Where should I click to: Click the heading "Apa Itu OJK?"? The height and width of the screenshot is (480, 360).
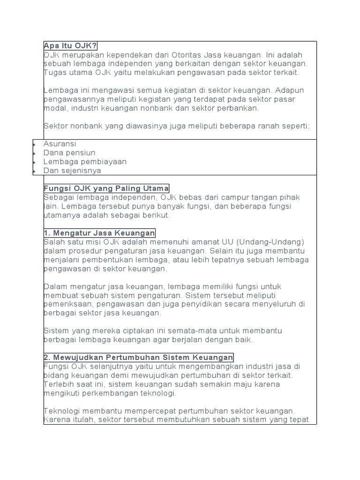tap(70, 46)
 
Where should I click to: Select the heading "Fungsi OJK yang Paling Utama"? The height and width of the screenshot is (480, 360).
tap(106, 188)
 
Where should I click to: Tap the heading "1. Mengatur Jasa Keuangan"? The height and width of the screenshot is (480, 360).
tap(99, 233)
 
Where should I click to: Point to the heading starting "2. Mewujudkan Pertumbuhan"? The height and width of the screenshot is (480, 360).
tap(138, 357)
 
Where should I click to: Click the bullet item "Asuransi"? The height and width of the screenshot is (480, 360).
tap(60, 144)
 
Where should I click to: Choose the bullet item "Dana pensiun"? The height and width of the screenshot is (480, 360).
tap(69, 153)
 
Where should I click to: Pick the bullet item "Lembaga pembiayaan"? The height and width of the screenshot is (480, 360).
tap(85, 162)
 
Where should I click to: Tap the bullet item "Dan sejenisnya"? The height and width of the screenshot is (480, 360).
tap(72, 171)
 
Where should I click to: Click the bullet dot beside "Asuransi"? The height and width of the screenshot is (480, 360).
tap(35, 144)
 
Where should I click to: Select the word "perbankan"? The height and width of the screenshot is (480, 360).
tap(238, 108)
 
